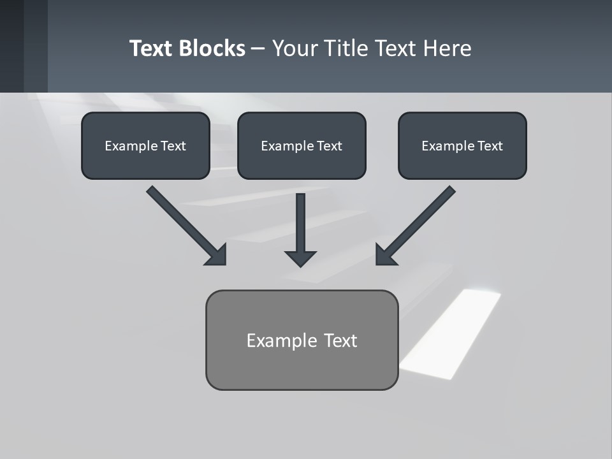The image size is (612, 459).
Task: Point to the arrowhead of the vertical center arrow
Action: click(x=300, y=258)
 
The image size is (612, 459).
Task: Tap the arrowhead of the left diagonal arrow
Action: click(x=217, y=256)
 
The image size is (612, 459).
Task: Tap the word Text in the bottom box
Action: click(x=341, y=340)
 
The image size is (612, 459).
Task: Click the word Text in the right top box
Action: click(x=490, y=146)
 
